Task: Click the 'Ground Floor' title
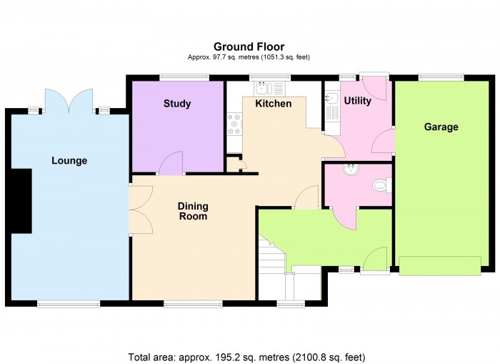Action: tap(249, 47)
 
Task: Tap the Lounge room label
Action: tap(69, 160)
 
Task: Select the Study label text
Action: tap(177, 104)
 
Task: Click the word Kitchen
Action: tap(274, 104)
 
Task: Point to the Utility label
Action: tap(357, 101)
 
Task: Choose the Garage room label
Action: tap(441, 127)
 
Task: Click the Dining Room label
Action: tap(193, 211)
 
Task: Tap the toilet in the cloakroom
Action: tap(381, 186)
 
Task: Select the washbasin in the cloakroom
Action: tap(350, 170)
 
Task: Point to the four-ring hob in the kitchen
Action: tap(234, 125)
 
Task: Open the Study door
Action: tap(171, 164)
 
